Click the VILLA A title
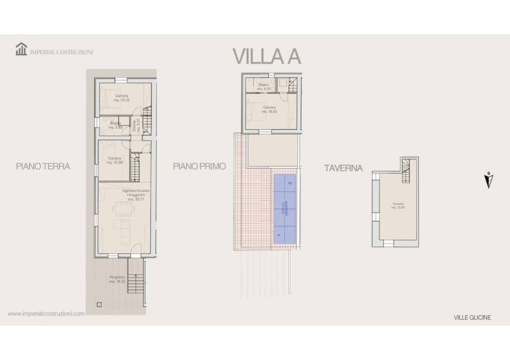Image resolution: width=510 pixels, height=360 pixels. click(x=267, y=56)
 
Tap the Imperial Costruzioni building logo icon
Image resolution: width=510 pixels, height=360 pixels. click(x=21, y=49)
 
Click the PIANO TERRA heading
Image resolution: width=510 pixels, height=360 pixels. click(x=43, y=167)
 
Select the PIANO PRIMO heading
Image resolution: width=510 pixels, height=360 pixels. click(x=200, y=167)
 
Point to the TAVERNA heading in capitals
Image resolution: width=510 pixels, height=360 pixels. click(x=343, y=168)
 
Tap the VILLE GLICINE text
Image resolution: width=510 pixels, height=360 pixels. click(x=472, y=318)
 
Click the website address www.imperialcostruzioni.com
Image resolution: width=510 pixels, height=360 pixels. click(x=46, y=314)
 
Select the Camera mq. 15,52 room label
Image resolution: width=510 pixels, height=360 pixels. click(x=122, y=98)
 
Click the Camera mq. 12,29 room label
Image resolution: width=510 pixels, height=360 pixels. click(x=115, y=160)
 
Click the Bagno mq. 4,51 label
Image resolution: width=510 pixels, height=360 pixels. click(x=263, y=87)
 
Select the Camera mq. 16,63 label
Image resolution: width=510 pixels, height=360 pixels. click(x=269, y=109)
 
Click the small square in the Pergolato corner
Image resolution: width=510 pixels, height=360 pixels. click(x=99, y=304)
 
